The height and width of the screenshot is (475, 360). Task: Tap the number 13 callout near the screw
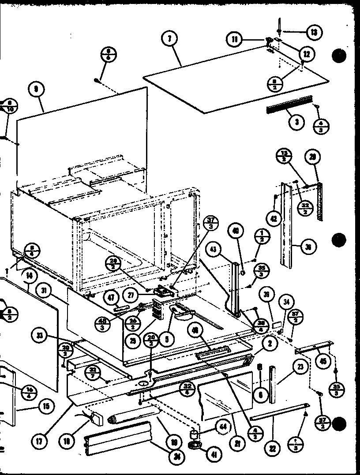[314, 32]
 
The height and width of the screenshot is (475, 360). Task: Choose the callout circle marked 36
[308, 247]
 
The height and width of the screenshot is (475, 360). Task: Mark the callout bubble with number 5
[167, 340]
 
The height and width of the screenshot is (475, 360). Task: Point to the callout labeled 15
[45, 405]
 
